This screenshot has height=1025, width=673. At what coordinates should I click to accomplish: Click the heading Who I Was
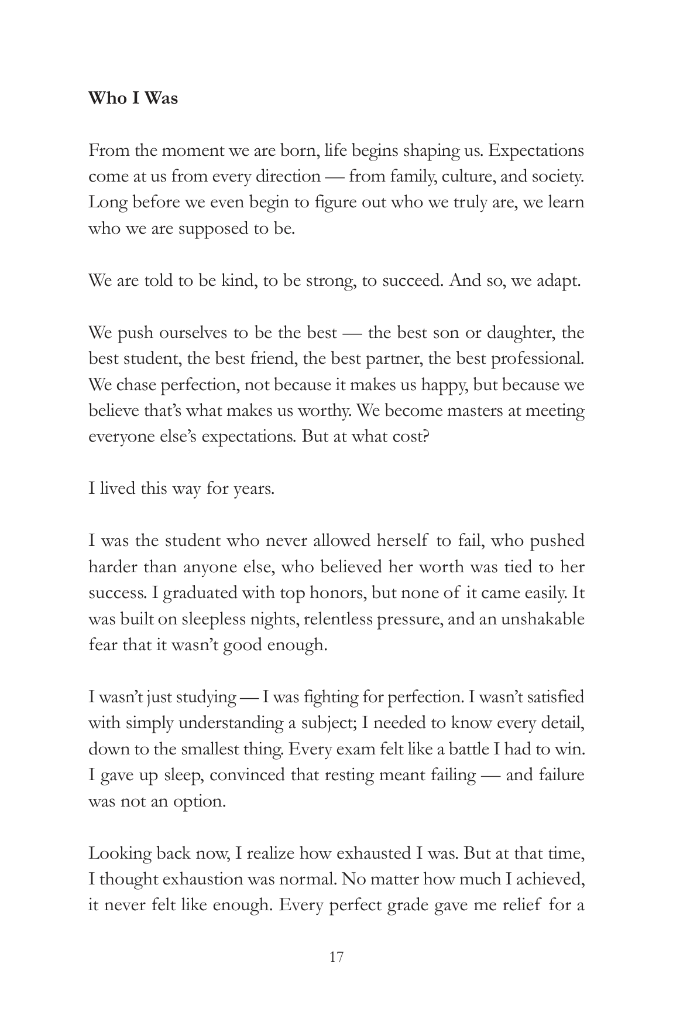(133, 98)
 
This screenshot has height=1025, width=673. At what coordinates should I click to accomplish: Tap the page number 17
(336, 957)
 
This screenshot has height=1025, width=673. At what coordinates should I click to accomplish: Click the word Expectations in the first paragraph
(535, 151)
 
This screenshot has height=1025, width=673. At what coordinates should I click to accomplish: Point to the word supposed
(214, 228)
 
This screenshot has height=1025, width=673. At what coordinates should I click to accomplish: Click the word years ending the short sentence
(253, 488)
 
